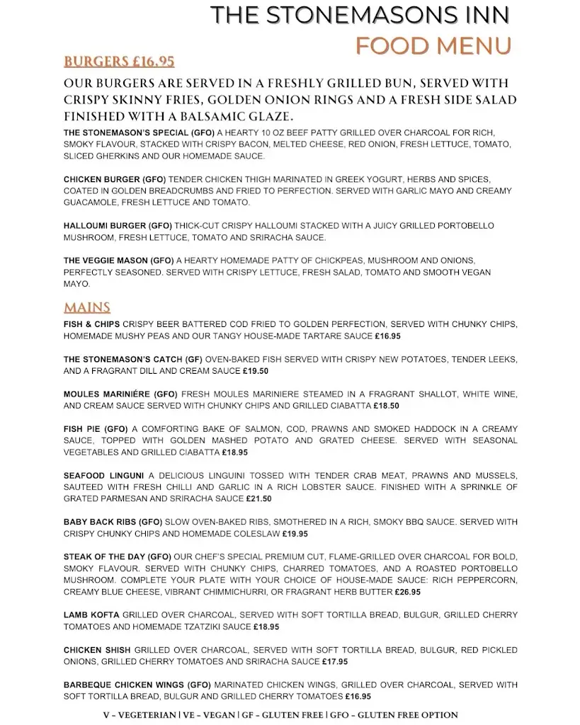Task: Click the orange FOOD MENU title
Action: point(433,46)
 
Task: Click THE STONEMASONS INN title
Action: point(360,16)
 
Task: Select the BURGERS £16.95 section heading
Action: point(119,62)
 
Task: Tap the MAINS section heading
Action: point(87,307)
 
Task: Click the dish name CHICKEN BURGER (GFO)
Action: point(115,180)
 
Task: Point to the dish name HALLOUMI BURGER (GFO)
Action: point(117,226)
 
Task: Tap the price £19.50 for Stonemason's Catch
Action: point(256,371)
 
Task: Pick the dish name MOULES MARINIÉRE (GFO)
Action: point(120,394)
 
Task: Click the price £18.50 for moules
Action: point(386,406)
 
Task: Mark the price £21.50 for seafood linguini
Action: point(258,498)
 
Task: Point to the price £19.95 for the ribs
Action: point(295,534)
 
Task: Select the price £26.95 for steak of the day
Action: point(407,592)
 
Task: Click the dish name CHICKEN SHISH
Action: point(97,650)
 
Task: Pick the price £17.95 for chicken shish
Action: point(335,662)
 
